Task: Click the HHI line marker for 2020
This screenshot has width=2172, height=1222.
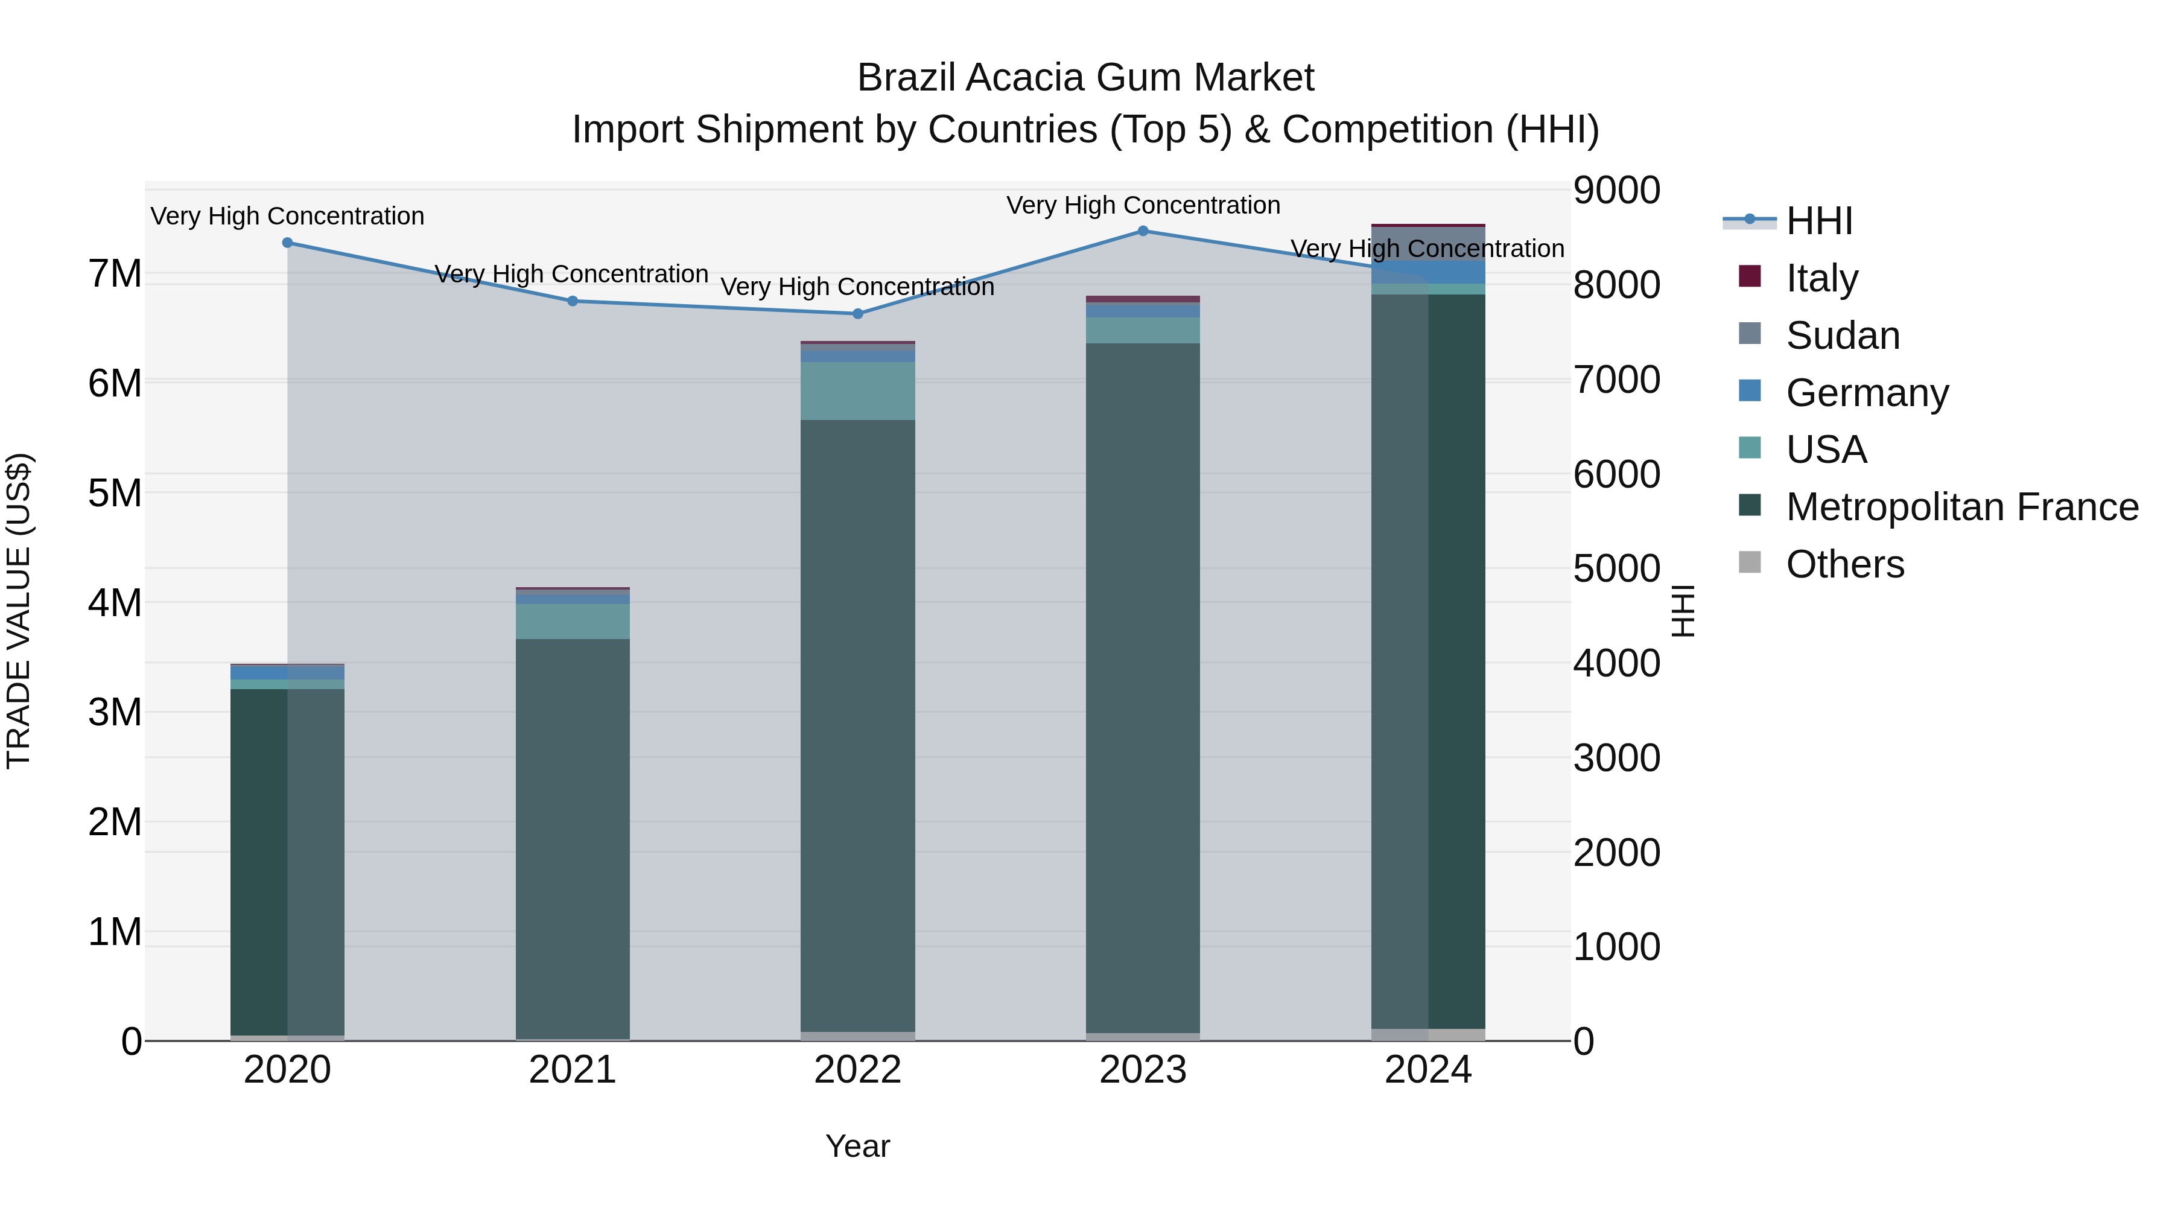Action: coord(288,243)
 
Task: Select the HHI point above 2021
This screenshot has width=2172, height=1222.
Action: coord(573,301)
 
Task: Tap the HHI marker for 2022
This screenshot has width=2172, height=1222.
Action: coord(857,314)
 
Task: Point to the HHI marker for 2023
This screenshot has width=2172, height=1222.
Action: coord(1143,231)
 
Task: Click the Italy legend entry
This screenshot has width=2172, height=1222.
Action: coord(1821,278)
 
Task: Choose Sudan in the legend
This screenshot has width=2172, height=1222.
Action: coord(1843,336)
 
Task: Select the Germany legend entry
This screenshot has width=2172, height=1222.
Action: coord(1867,393)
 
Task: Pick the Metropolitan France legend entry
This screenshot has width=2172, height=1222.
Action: coord(1961,507)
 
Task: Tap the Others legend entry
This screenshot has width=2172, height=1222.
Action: coord(1845,564)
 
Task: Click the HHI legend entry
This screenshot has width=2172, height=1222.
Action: coord(1818,221)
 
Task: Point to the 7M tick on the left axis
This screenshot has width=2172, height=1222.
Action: coord(115,274)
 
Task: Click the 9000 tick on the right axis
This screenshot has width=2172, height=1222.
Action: coord(1616,191)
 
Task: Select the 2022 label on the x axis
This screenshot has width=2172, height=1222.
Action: coord(857,1070)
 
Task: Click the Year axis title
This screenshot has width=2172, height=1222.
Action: coord(857,1146)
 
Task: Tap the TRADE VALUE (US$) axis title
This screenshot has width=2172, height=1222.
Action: coord(19,611)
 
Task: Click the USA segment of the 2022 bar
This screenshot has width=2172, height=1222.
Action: coord(857,390)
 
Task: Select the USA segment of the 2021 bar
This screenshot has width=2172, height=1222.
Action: coord(573,622)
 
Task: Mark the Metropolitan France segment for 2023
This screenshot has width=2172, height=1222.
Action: coord(1143,687)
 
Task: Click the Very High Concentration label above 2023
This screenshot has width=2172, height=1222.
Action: coord(1143,206)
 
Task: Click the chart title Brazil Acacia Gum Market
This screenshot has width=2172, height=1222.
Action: coord(1085,78)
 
